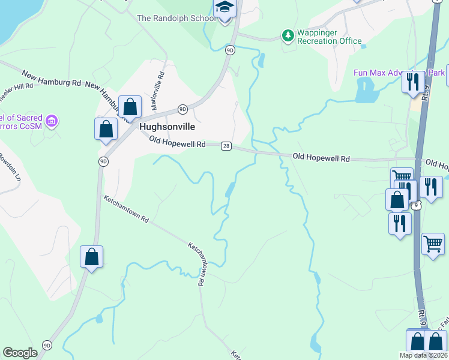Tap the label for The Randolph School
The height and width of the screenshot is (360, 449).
[176, 18]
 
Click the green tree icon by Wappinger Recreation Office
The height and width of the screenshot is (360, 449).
[288, 36]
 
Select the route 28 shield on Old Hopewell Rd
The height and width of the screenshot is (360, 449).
[226, 146]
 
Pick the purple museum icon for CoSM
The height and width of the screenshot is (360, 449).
[52, 122]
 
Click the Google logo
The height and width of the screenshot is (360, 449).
[20, 353]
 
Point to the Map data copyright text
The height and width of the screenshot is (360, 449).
[423, 355]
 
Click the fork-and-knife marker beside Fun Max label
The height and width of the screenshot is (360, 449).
[412, 81]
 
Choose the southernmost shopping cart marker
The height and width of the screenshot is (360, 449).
[433, 244]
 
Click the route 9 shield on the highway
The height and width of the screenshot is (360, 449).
[417, 205]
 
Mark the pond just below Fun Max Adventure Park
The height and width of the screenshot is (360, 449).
[364, 91]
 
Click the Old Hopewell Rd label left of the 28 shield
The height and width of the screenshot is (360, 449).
[178, 143]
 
